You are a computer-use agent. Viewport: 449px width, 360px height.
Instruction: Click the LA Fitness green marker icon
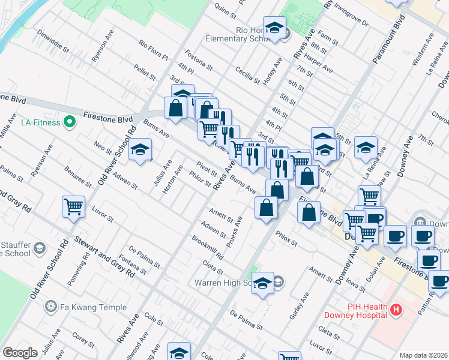70,122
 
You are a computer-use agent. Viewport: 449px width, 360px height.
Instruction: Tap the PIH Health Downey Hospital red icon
396,310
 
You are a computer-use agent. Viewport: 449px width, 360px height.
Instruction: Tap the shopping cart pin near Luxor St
73,207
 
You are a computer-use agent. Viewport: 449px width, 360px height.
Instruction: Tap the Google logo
20,353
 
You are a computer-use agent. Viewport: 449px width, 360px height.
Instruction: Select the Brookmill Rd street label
208,247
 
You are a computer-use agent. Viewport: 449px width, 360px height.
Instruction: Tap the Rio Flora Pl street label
153,50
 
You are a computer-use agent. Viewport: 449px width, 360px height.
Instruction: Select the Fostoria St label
199,59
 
